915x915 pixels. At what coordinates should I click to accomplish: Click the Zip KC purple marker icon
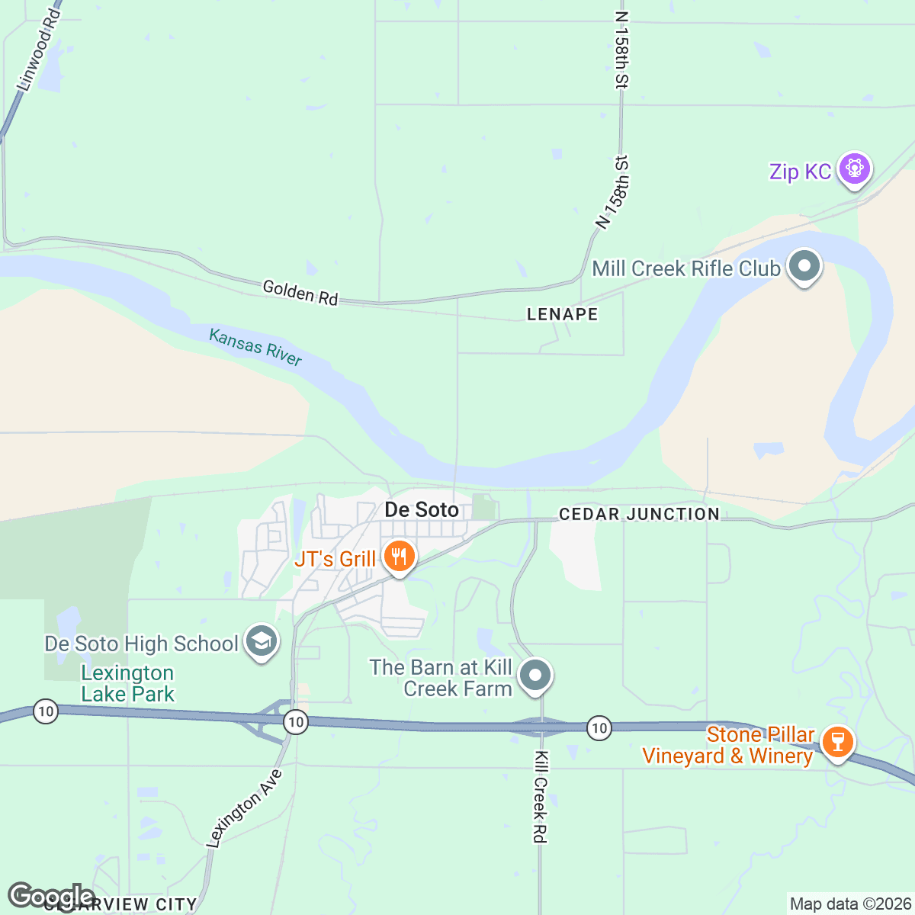(x=854, y=169)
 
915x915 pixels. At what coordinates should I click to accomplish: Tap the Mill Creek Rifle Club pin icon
(x=804, y=267)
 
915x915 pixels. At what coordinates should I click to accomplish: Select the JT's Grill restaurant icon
(x=399, y=557)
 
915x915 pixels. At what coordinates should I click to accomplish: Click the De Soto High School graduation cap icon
(x=261, y=642)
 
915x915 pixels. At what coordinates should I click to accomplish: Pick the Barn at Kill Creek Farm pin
(x=535, y=676)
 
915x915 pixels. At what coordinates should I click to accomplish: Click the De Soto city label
(x=422, y=510)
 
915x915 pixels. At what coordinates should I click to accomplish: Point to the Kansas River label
(x=255, y=347)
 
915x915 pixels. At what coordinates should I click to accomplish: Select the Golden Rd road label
(x=300, y=292)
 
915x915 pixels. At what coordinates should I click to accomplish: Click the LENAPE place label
(x=563, y=314)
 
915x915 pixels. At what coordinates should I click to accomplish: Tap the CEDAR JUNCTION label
(x=639, y=515)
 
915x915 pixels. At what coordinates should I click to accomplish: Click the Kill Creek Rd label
(x=540, y=797)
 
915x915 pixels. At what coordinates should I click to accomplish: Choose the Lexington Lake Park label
(x=128, y=683)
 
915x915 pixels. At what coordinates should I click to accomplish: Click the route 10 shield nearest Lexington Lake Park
(x=46, y=712)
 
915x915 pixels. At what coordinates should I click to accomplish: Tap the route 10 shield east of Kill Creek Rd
(x=599, y=728)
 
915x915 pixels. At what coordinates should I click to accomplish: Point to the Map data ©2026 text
(x=849, y=904)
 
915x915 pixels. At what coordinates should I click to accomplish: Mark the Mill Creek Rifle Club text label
(x=686, y=268)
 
